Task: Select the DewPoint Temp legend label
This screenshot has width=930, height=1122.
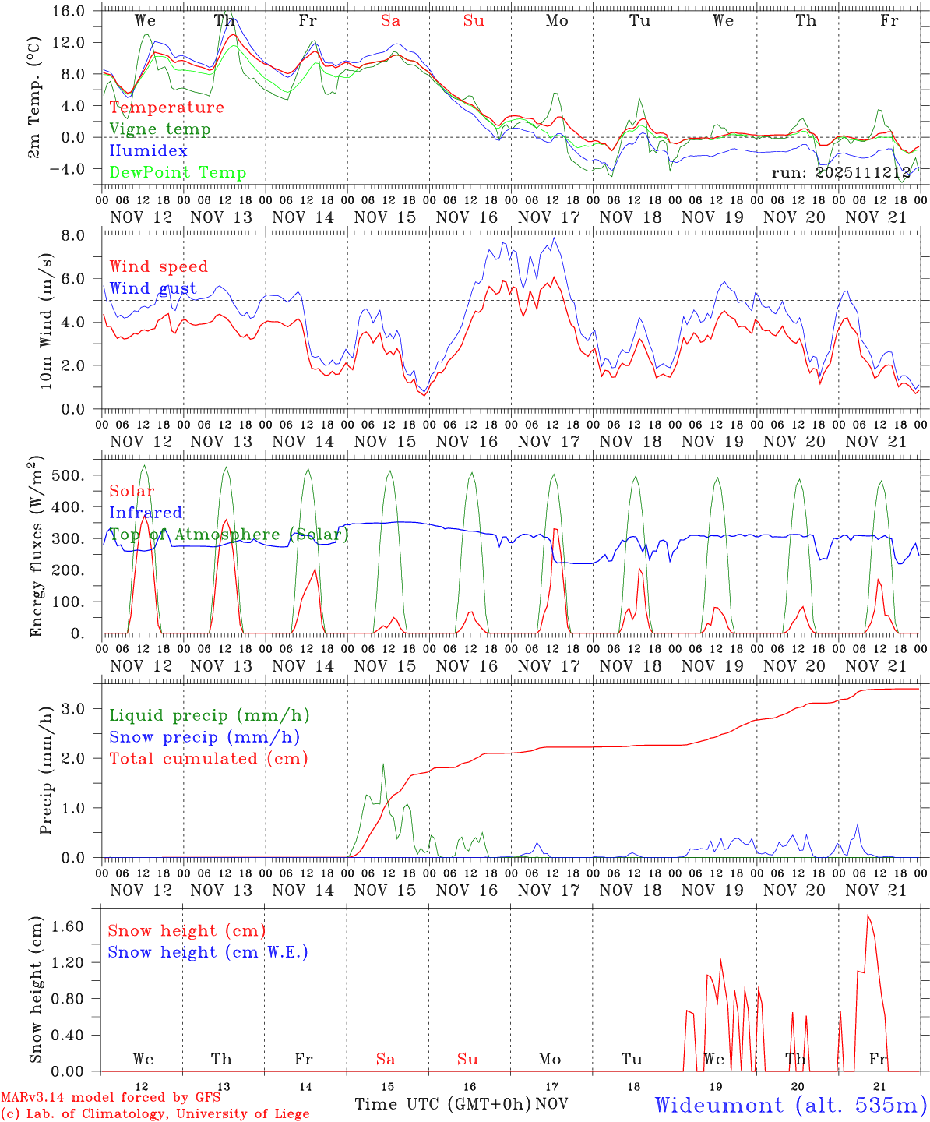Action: (x=178, y=173)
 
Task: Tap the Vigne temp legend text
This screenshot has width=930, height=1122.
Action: (x=160, y=129)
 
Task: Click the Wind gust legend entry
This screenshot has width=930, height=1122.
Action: (x=153, y=288)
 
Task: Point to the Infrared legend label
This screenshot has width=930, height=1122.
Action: (x=146, y=513)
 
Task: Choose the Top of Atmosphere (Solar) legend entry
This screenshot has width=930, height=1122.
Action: (x=229, y=535)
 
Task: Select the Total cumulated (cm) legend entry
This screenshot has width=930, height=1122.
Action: (x=209, y=759)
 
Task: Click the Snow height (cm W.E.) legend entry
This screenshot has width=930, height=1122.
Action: (x=208, y=952)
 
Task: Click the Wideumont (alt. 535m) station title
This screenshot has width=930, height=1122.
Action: (x=791, y=1105)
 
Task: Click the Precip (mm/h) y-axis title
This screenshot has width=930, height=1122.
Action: (x=45, y=771)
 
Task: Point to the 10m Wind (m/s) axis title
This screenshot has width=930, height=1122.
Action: (x=45, y=322)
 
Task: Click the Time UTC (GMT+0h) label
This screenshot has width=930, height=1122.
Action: (x=442, y=1104)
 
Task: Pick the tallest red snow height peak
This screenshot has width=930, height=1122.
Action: (x=868, y=916)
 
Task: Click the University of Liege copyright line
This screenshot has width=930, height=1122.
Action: (x=155, y=1114)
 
